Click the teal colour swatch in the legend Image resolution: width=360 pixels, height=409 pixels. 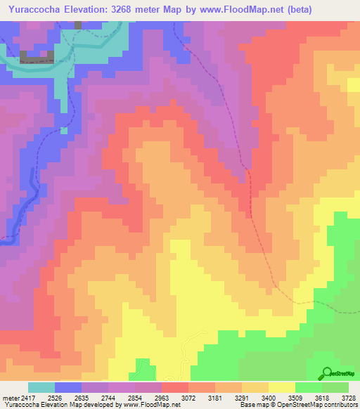[41, 387]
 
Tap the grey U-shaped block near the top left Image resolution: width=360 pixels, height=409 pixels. [37, 57]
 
